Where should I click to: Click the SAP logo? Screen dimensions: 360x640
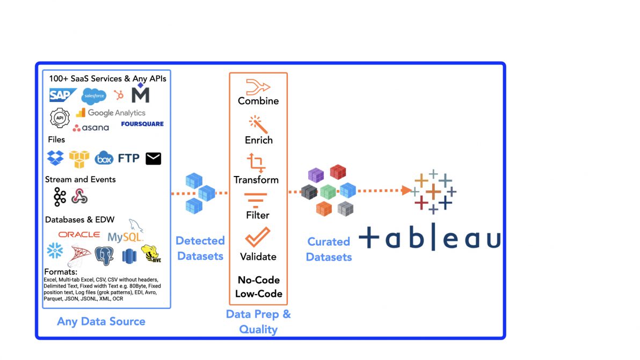pos(63,95)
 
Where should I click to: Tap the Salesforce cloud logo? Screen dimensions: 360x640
pos(94,96)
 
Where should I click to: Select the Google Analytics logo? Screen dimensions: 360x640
pos(111,113)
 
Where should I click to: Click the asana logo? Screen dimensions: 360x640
pos(91,128)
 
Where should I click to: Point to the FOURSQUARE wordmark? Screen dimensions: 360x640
pos(142,124)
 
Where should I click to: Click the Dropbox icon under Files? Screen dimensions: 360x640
pos(55,158)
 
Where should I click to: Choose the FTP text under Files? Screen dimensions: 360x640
pos(129,158)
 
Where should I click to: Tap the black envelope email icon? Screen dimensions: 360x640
pos(154,158)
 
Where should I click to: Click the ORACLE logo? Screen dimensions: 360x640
pos(79,234)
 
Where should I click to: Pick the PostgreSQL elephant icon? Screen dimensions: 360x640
pos(104,255)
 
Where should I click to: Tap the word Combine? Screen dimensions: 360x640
pos(258,101)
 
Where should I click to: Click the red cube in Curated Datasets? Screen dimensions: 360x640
pos(338,172)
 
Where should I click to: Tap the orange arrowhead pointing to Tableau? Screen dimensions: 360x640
pos(406,190)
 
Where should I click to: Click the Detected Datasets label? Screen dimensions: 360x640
pos(200,248)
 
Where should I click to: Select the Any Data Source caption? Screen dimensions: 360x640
pos(101,321)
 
